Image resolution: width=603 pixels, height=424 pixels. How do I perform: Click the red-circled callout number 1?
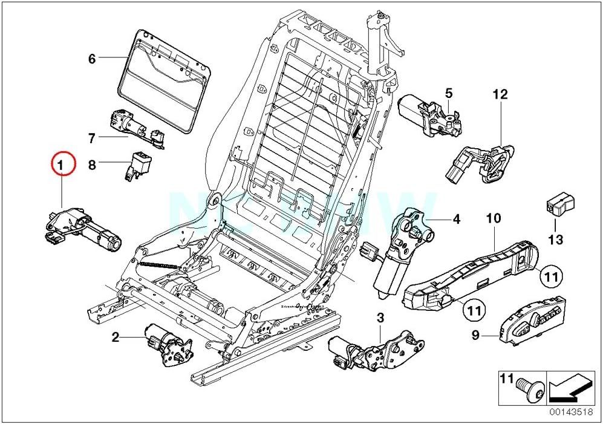pos(63,164)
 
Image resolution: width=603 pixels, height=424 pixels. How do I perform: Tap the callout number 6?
pos(92,59)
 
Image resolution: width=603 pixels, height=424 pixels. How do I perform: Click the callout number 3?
pos(380,317)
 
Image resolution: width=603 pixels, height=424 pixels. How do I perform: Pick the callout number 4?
pos(456,220)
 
